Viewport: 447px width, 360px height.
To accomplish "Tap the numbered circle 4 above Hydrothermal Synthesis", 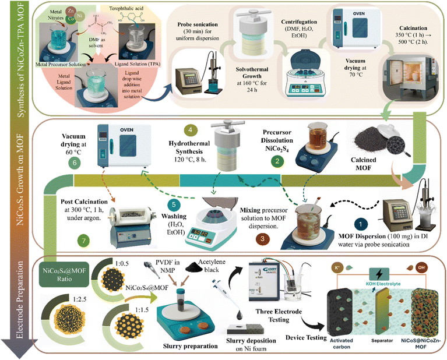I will (x=191, y=130).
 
